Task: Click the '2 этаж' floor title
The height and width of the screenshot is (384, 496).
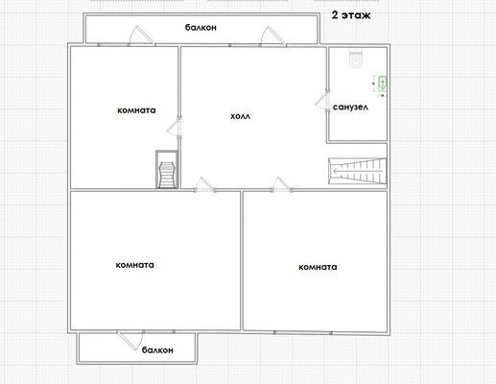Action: click(x=351, y=15)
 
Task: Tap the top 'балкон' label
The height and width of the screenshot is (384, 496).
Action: click(x=201, y=28)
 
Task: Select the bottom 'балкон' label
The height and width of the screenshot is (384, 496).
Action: click(x=157, y=350)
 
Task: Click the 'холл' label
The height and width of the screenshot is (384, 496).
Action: click(x=241, y=116)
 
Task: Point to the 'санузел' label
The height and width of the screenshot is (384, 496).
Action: click(x=350, y=108)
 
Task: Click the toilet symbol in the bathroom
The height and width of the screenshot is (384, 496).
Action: click(x=355, y=59)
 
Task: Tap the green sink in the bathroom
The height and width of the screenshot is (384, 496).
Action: click(x=383, y=84)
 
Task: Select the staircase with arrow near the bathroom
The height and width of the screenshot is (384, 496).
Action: click(x=358, y=171)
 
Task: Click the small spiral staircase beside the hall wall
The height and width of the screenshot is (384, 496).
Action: click(x=167, y=169)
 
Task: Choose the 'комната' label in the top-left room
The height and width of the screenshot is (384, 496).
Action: click(x=136, y=110)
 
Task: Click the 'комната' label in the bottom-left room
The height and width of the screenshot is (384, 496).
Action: click(x=135, y=265)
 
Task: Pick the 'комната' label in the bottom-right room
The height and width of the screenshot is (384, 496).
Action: click(x=318, y=267)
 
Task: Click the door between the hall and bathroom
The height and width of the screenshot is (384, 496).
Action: click(x=322, y=101)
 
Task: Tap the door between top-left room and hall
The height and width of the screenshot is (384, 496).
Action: click(x=175, y=128)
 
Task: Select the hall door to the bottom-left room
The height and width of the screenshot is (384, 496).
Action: click(x=205, y=184)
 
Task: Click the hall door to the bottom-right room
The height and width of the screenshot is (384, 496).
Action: click(x=281, y=184)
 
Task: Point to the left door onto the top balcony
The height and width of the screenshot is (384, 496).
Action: click(x=142, y=36)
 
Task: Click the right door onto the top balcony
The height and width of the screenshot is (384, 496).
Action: click(x=272, y=36)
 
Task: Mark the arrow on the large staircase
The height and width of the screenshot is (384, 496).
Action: click(x=358, y=172)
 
